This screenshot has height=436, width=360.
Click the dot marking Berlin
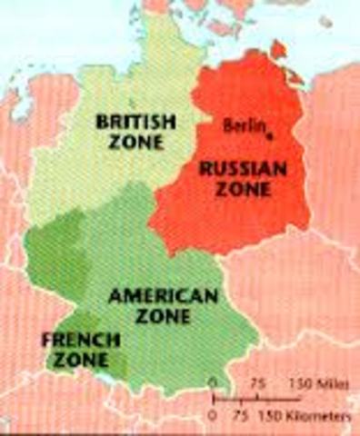coord(270,135)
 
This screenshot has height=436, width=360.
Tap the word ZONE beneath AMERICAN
coord(163,317)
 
